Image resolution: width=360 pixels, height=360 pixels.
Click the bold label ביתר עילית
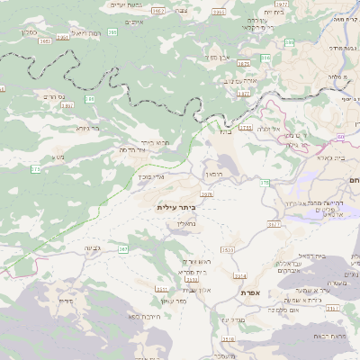pyautogui.click(x=175, y=207)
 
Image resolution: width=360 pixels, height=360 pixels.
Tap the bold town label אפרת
pyautogui.click(x=250, y=293)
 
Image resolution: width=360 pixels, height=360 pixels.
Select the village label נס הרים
pyautogui.click(x=57, y=96)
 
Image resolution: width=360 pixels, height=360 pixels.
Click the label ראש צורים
pyautogui.click(x=196, y=261)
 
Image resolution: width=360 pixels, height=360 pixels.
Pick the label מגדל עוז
pyautogui.click(x=233, y=319)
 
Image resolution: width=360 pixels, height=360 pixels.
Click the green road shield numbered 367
pyautogui.click(x=123, y=248)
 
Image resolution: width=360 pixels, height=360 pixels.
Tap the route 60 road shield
pyautogui.click(x=265, y=184)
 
